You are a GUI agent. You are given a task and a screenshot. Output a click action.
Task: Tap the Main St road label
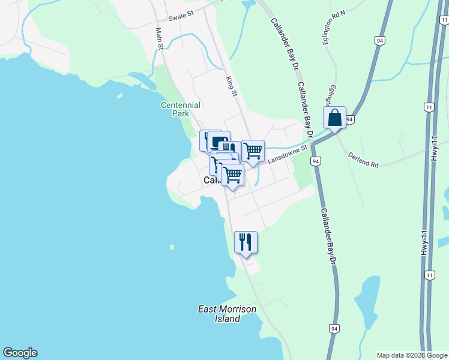pyautogui.click(x=160, y=38)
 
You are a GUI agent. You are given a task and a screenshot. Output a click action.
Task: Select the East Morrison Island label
pyautogui.click(x=227, y=314)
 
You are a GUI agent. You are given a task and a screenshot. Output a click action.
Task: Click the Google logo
pyautogui.click(x=20, y=353)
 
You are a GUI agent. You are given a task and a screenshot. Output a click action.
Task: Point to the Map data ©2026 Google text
pyautogui.click(x=411, y=355)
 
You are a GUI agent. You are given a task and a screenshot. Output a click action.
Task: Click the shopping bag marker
pyautogui.click(x=335, y=118)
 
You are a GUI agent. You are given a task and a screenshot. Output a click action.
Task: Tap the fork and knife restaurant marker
pyautogui.click(x=246, y=242)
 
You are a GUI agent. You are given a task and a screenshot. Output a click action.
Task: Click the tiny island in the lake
pyautogui.click(x=172, y=247)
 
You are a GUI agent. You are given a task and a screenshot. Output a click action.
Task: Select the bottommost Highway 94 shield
pyautogui.click(x=334, y=329)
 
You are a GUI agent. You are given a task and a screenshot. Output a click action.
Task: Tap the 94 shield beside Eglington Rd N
pyautogui.click(x=379, y=40)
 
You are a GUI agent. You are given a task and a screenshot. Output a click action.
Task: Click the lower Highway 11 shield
pyautogui.click(x=429, y=275)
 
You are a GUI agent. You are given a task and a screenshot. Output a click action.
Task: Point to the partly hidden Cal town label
pyautogui.click(x=211, y=181)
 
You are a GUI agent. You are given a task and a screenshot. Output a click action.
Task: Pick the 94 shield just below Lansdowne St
pyautogui.click(x=315, y=161)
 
